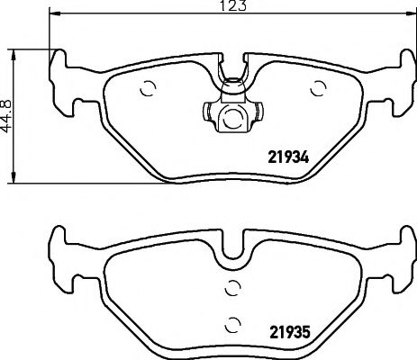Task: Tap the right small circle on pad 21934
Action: pyautogui.click(x=317, y=88)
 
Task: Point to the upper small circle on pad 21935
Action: pyautogui.click(x=232, y=288)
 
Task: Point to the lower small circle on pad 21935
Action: pyautogui.click(x=232, y=325)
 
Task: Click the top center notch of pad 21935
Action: pyautogui.click(x=232, y=241)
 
